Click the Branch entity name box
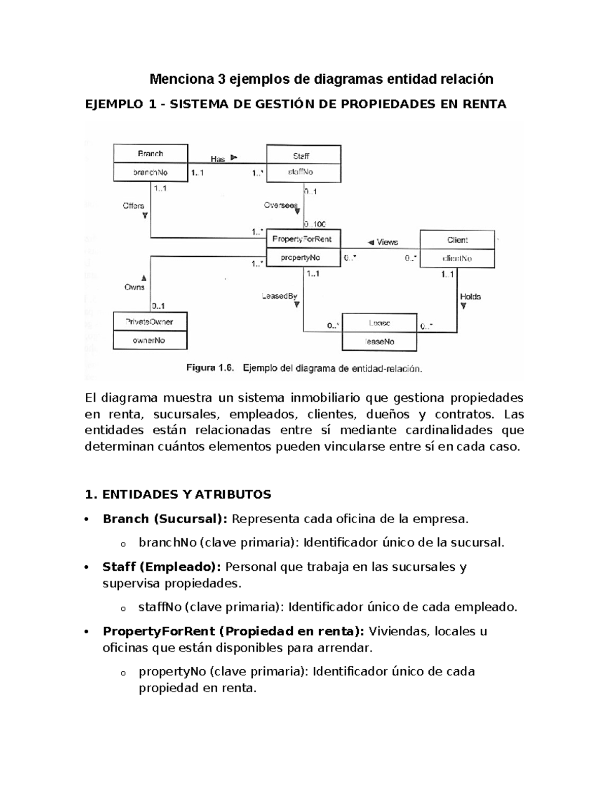150,154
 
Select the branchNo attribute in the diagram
150,173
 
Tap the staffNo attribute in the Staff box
303,173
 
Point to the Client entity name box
457,240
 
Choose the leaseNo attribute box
379,341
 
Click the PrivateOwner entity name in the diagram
150,322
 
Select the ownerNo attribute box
150,340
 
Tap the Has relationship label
218,159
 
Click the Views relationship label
387,243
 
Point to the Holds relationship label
470,297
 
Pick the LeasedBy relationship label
280,296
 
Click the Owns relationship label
134,287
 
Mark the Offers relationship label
133,206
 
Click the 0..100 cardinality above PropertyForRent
315,224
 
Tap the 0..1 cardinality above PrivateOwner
158,306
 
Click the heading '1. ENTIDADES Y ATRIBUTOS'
179,495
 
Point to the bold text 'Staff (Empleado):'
162,567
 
